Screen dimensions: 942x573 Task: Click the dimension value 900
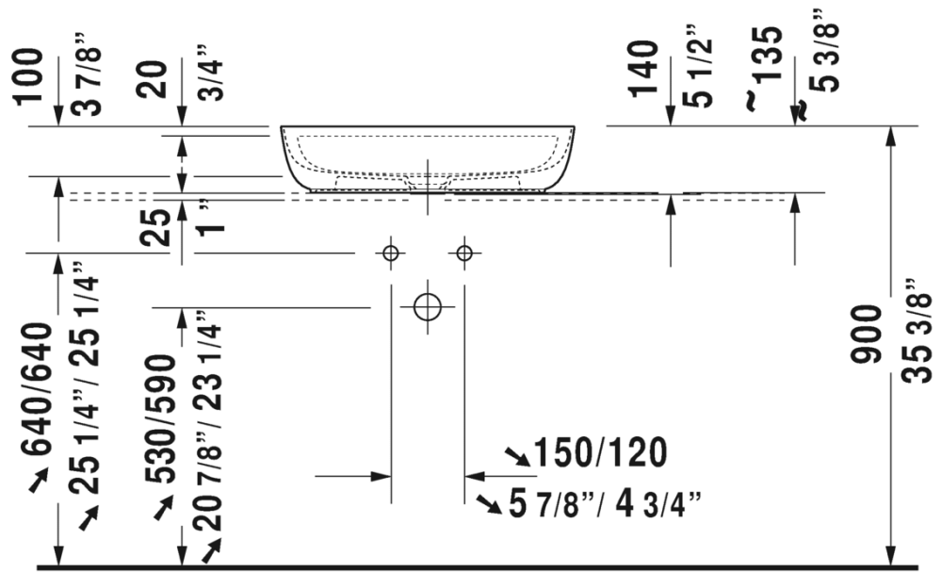click(x=866, y=335)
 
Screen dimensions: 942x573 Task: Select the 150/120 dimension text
click(x=600, y=452)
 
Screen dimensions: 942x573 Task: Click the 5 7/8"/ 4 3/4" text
click(x=605, y=503)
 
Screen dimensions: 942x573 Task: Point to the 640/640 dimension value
click(x=37, y=389)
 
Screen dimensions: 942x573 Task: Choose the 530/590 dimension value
click(x=160, y=419)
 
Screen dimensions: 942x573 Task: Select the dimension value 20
click(x=151, y=79)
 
